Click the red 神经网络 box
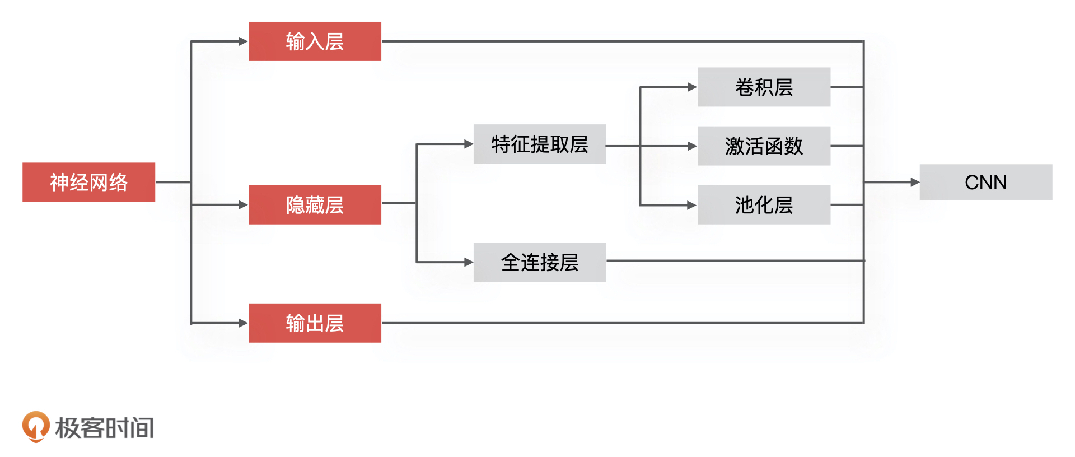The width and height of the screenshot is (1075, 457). pyautogui.click(x=88, y=182)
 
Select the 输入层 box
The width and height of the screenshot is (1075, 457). pyautogui.click(x=315, y=41)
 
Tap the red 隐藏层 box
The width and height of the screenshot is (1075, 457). pyautogui.click(x=315, y=205)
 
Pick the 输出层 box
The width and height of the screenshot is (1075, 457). pyautogui.click(x=315, y=323)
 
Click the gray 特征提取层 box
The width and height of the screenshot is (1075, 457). pyautogui.click(x=540, y=144)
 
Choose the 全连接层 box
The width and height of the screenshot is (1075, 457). pyautogui.click(x=540, y=262)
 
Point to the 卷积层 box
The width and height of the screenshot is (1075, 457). pyautogui.click(x=764, y=87)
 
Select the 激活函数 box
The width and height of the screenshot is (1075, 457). pyautogui.click(x=764, y=146)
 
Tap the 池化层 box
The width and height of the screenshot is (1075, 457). pyautogui.click(x=764, y=205)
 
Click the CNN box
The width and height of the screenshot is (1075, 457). pyautogui.click(x=985, y=182)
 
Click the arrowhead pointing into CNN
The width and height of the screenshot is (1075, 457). pyautogui.click(x=915, y=182)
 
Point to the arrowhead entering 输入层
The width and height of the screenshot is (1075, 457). pyautogui.click(x=243, y=41)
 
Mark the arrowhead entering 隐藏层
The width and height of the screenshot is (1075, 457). pyautogui.click(x=243, y=205)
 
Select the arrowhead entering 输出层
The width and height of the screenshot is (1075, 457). pyautogui.click(x=243, y=323)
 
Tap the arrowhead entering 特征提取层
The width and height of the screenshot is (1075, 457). pyautogui.click(x=469, y=144)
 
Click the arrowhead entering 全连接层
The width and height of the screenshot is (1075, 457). pyautogui.click(x=469, y=262)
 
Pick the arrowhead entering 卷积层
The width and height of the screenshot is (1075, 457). pyautogui.click(x=692, y=87)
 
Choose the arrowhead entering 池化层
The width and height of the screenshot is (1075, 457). pyautogui.click(x=692, y=206)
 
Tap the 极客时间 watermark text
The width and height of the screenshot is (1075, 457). pyautogui.click(x=104, y=428)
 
